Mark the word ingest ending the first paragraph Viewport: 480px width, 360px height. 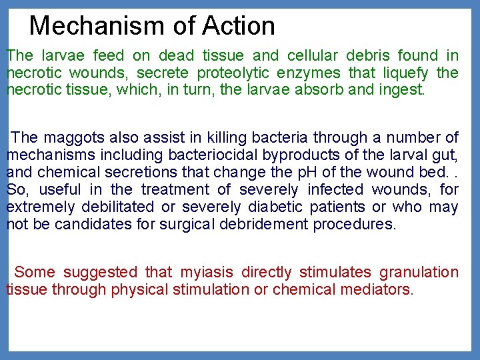click(401, 90)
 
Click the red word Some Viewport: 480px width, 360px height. click(35, 272)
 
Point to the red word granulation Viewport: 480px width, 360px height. click(419, 272)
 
